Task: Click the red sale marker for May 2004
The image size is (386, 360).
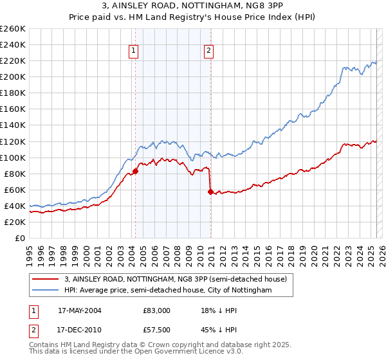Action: [x=135, y=171]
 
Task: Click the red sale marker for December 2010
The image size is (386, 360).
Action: [x=210, y=192]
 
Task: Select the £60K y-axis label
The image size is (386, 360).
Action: [x=15, y=190]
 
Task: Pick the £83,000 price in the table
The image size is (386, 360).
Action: [x=156, y=310]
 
